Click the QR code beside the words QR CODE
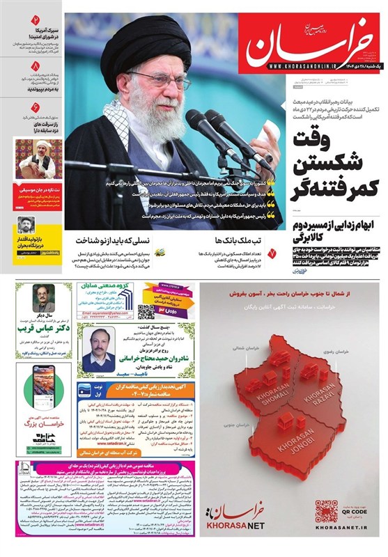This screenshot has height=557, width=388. click(326, 512)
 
